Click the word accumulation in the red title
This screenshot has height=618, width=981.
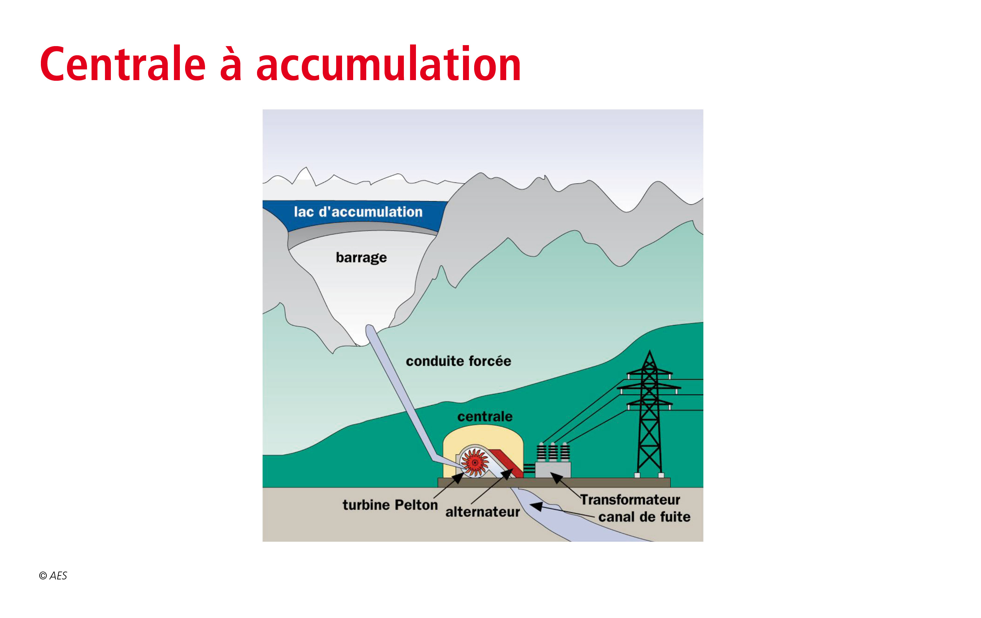coord(389,63)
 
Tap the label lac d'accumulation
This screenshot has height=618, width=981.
coord(358,212)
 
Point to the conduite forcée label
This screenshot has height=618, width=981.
coord(458,361)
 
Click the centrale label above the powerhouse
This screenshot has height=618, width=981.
coord(485,416)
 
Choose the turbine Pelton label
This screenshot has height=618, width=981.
coord(390,505)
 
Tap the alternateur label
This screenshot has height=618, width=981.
coord(482,512)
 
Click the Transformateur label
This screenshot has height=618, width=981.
coord(630,499)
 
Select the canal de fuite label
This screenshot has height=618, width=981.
coord(645,517)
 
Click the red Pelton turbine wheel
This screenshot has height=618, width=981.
coord(474,462)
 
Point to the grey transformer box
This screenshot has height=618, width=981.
coord(553,469)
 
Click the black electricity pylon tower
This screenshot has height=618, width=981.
coord(649,414)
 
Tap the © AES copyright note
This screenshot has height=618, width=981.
coord(53,575)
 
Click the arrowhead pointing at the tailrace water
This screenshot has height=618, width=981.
coord(536,507)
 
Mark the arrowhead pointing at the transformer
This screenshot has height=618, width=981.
coord(557,477)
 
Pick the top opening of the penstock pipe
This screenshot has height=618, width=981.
coord(370,328)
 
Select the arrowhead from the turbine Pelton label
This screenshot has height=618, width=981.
coord(458,478)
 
